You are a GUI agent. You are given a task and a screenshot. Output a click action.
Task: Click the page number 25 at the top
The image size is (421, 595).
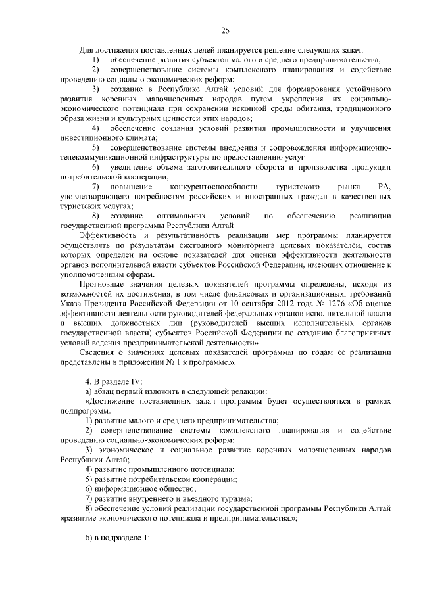point(225,30)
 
